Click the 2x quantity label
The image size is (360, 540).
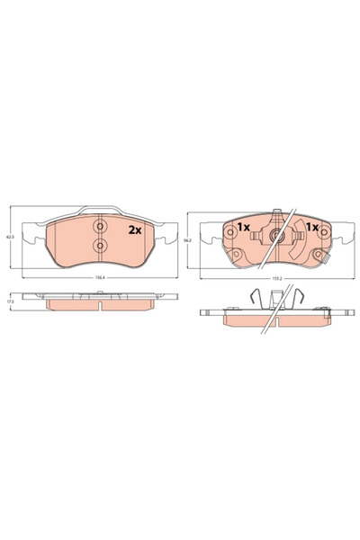point(135,229)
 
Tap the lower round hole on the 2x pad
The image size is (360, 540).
point(100,246)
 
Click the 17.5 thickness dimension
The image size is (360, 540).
point(9,301)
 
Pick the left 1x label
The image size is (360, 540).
point(242,226)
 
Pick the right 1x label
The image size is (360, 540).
point(312,226)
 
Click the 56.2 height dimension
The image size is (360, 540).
point(185,241)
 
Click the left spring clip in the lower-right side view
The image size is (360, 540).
point(258,298)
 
